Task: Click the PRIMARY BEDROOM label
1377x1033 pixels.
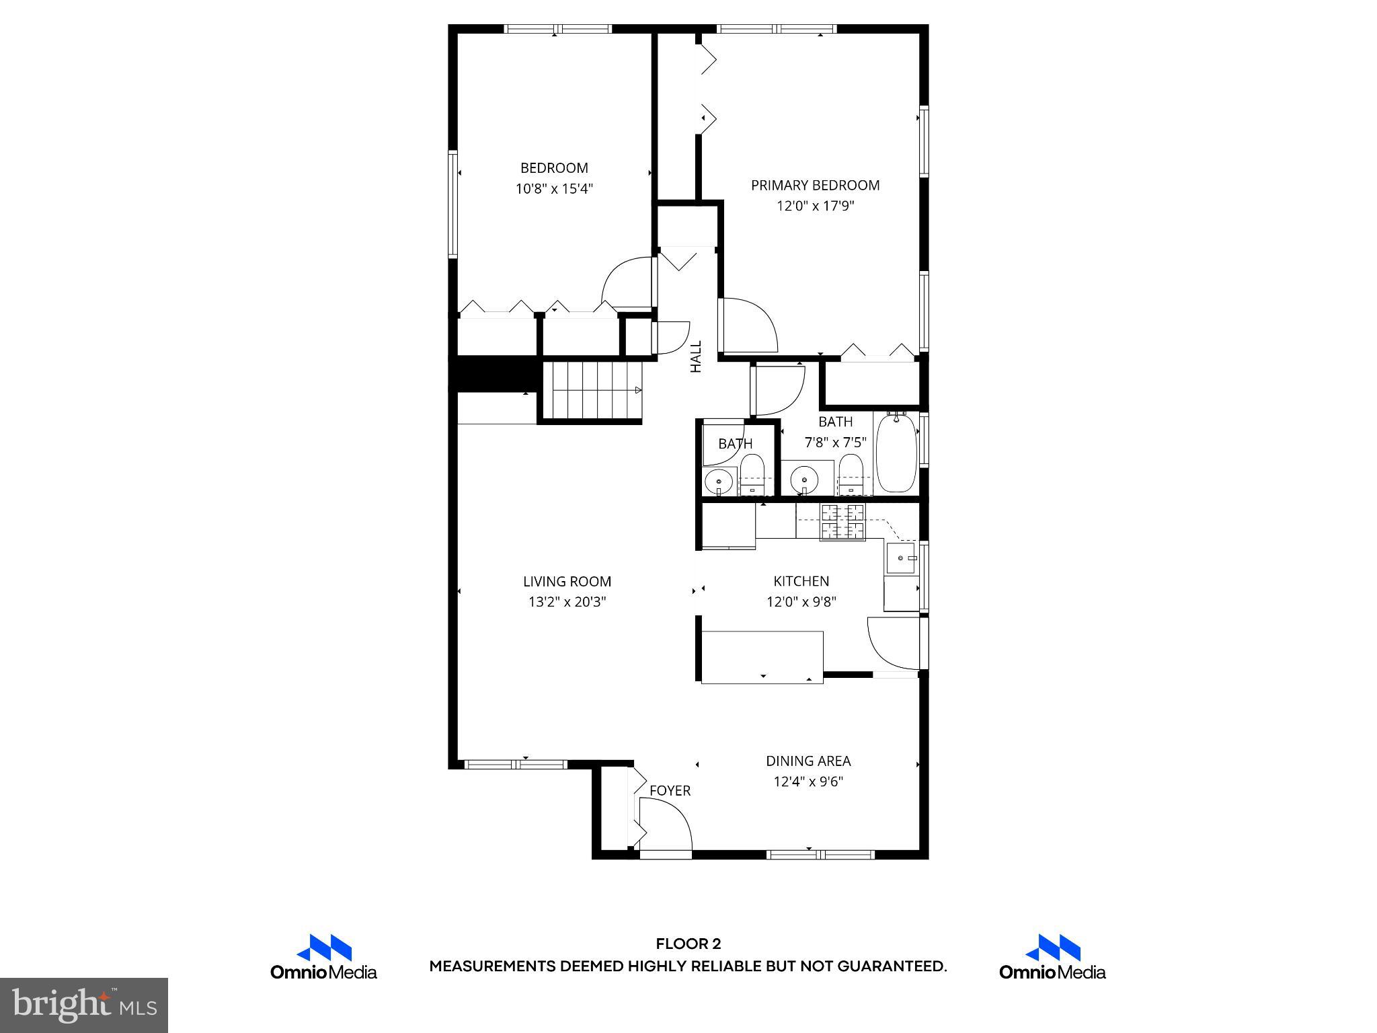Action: pyautogui.click(x=815, y=185)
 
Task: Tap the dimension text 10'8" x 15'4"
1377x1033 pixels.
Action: pyautogui.click(x=554, y=189)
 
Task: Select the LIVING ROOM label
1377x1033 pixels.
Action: pyautogui.click(x=567, y=581)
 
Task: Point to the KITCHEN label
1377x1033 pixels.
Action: pyautogui.click(x=801, y=581)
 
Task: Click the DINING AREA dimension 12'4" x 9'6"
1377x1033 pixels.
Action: pyautogui.click(x=808, y=781)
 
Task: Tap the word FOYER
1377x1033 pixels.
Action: pyautogui.click(x=670, y=791)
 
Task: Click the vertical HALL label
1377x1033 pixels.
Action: pyautogui.click(x=696, y=356)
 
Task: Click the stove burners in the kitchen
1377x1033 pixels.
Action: pyautogui.click(x=842, y=521)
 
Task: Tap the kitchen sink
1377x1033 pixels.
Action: pyautogui.click(x=901, y=558)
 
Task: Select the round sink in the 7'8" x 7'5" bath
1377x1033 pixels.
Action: pyautogui.click(x=804, y=480)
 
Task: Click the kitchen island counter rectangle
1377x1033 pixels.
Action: pyautogui.click(x=762, y=656)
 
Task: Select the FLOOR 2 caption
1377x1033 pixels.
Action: pyautogui.click(x=688, y=944)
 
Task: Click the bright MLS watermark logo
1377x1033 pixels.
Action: pyautogui.click(x=84, y=1005)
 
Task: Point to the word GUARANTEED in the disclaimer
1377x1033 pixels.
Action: pyautogui.click(x=891, y=966)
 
